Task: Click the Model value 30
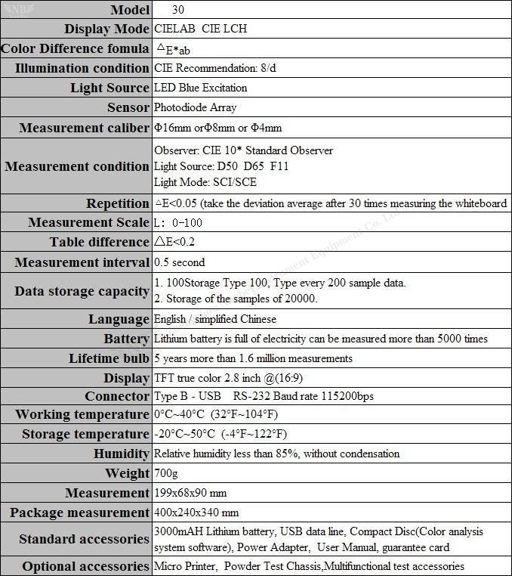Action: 177,10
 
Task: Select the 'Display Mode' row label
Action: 106,29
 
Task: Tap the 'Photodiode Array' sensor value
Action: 194,107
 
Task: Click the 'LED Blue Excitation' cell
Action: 200,88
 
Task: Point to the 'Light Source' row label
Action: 109,88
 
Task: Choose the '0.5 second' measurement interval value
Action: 179,262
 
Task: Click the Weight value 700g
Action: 165,473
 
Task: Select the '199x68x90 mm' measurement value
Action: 190,493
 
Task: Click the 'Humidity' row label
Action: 121,454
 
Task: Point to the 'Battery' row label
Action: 126,339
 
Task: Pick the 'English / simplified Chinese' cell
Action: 215,319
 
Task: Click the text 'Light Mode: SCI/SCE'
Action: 204,182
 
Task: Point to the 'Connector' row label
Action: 117,396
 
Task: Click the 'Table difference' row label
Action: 99,242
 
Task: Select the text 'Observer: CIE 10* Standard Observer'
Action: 243,150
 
